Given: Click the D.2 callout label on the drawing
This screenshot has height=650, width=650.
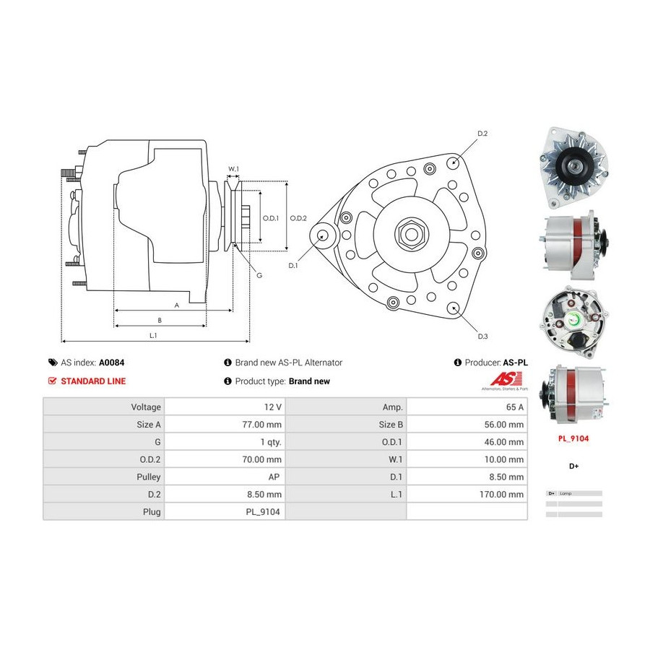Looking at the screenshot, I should [482, 134].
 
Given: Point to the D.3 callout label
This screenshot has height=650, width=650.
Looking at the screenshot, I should [482, 336].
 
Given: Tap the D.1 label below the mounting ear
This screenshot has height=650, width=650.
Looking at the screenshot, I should [293, 266].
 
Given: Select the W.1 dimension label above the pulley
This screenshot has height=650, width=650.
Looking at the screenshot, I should [233, 170].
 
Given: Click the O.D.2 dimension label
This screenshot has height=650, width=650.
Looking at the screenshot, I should [298, 218].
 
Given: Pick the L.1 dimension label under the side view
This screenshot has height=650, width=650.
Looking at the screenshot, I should [154, 335].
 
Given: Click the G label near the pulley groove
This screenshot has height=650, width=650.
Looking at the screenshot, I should [259, 275].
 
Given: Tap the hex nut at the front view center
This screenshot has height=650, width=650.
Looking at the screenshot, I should [410, 234].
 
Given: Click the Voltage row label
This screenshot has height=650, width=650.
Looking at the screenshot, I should [146, 407].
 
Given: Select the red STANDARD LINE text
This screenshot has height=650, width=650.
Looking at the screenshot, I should [92, 381].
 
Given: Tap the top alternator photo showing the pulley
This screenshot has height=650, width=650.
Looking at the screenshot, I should [573, 166].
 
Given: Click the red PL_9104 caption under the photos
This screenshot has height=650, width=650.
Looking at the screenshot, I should [573, 438].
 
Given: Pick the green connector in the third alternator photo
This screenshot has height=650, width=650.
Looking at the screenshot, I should [576, 321].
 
